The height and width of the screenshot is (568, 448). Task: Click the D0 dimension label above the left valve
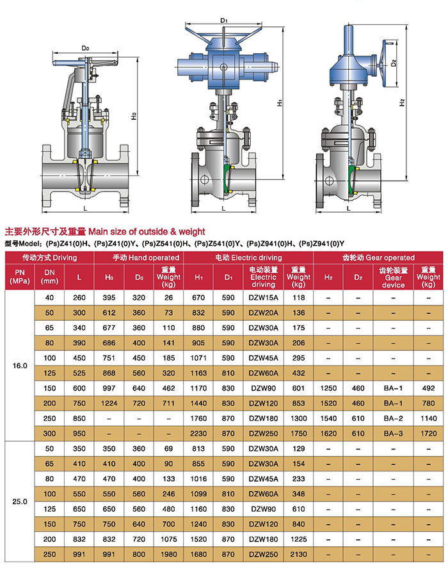[85, 48]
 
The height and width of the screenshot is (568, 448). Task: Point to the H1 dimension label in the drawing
[280, 103]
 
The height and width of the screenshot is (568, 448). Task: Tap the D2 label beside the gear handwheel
[394, 63]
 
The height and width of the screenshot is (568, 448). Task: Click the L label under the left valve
[86, 208]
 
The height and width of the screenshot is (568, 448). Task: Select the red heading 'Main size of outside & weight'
[147, 231]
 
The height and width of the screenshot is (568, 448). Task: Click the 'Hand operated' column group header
[145, 257]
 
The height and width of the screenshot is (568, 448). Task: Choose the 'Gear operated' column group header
[378, 257]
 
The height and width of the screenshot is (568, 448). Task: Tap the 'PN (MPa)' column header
[20, 277]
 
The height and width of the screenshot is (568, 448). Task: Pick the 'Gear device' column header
[394, 277]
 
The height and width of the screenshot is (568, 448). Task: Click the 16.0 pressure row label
[20, 366]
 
